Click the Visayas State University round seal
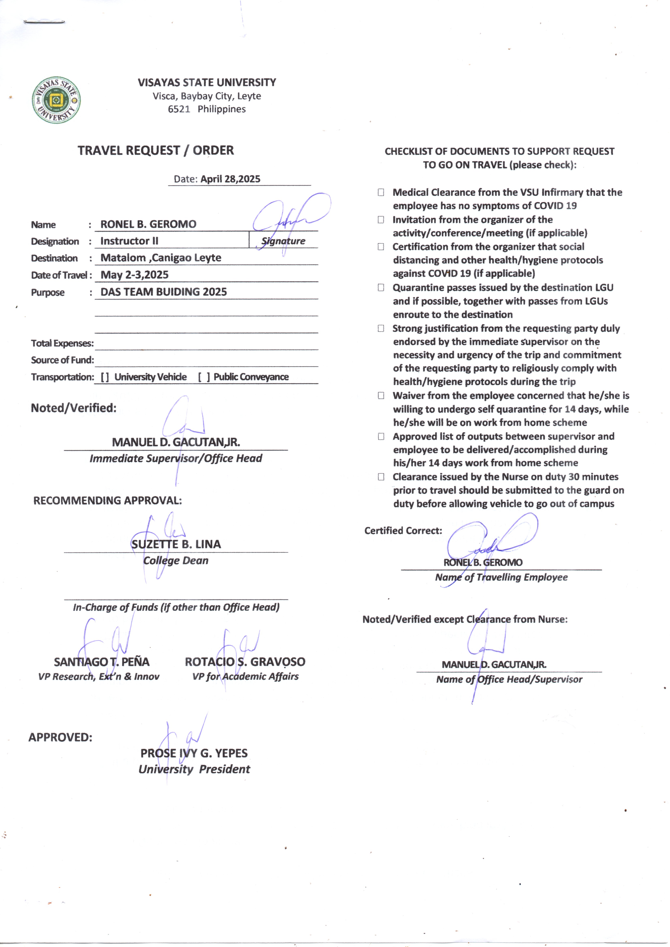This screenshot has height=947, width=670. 56,100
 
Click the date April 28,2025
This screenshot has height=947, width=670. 230,179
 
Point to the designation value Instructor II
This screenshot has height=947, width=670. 129,241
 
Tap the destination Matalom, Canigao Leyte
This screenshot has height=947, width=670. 161,258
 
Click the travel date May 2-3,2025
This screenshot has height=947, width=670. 134,275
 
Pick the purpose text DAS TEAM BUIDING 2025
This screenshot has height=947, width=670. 164,292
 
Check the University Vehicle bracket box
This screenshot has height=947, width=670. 105,377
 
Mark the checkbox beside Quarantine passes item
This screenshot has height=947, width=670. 381,288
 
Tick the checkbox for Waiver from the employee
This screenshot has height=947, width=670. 381,396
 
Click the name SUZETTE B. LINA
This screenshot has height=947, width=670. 176,544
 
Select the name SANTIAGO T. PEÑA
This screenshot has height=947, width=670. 101,662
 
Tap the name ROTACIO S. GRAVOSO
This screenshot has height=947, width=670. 245,662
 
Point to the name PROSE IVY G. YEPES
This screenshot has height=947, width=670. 194,753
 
